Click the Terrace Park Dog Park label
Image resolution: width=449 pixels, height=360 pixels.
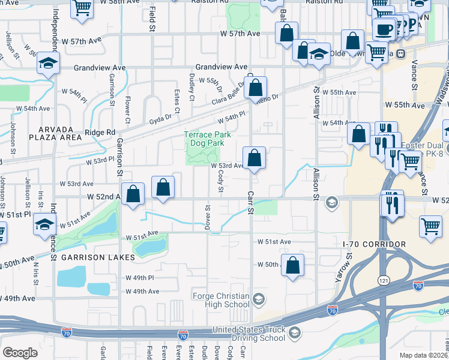[x=206, y=139]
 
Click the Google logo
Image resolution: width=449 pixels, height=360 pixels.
[x=20, y=353]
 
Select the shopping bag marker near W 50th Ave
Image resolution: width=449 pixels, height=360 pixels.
[x=292, y=266]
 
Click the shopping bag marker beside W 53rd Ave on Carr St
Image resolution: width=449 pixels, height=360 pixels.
[x=255, y=159]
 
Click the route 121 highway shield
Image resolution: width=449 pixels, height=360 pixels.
[x=383, y=280]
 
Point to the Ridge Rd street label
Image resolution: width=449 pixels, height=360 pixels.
[x=100, y=132]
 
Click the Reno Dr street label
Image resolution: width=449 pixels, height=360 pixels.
[x=270, y=98]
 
